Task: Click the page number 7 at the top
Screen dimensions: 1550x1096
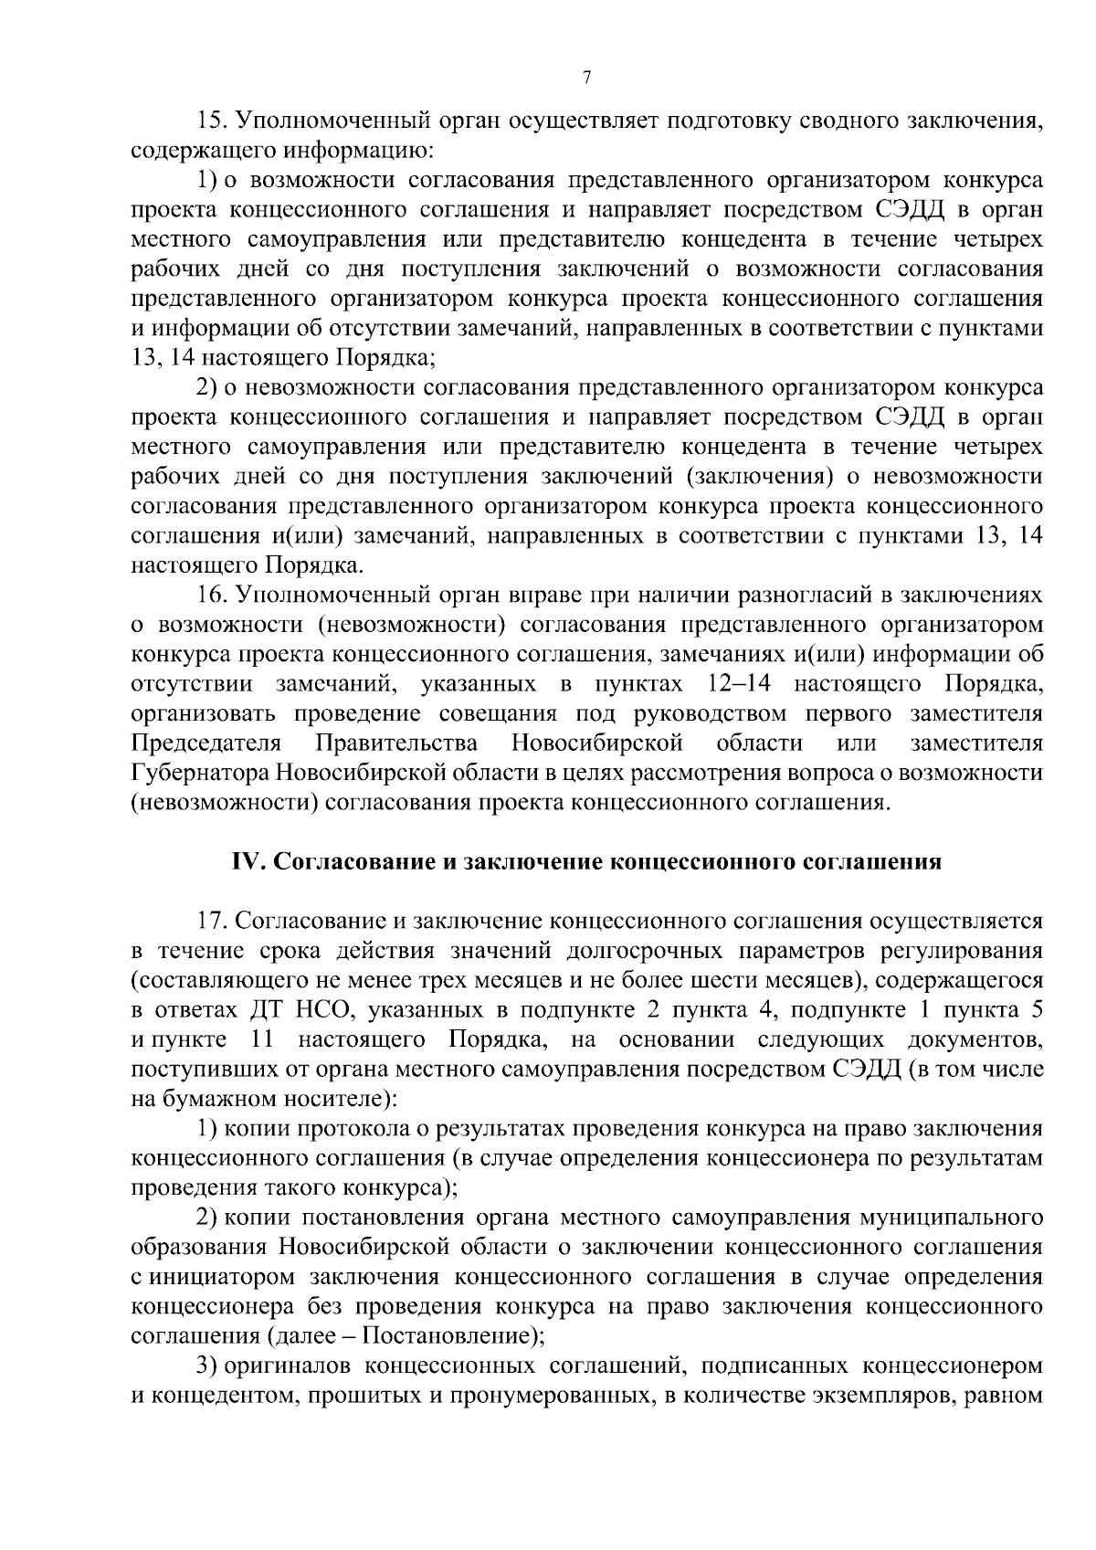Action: click(586, 78)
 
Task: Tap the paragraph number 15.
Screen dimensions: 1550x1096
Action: click(212, 121)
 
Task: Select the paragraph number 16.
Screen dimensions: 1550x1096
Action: click(212, 596)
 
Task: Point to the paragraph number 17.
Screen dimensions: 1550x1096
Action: click(212, 922)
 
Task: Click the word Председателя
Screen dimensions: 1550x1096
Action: click(205, 743)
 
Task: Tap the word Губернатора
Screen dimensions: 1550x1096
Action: click(198, 773)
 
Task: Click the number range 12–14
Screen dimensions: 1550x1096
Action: click(739, 684)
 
